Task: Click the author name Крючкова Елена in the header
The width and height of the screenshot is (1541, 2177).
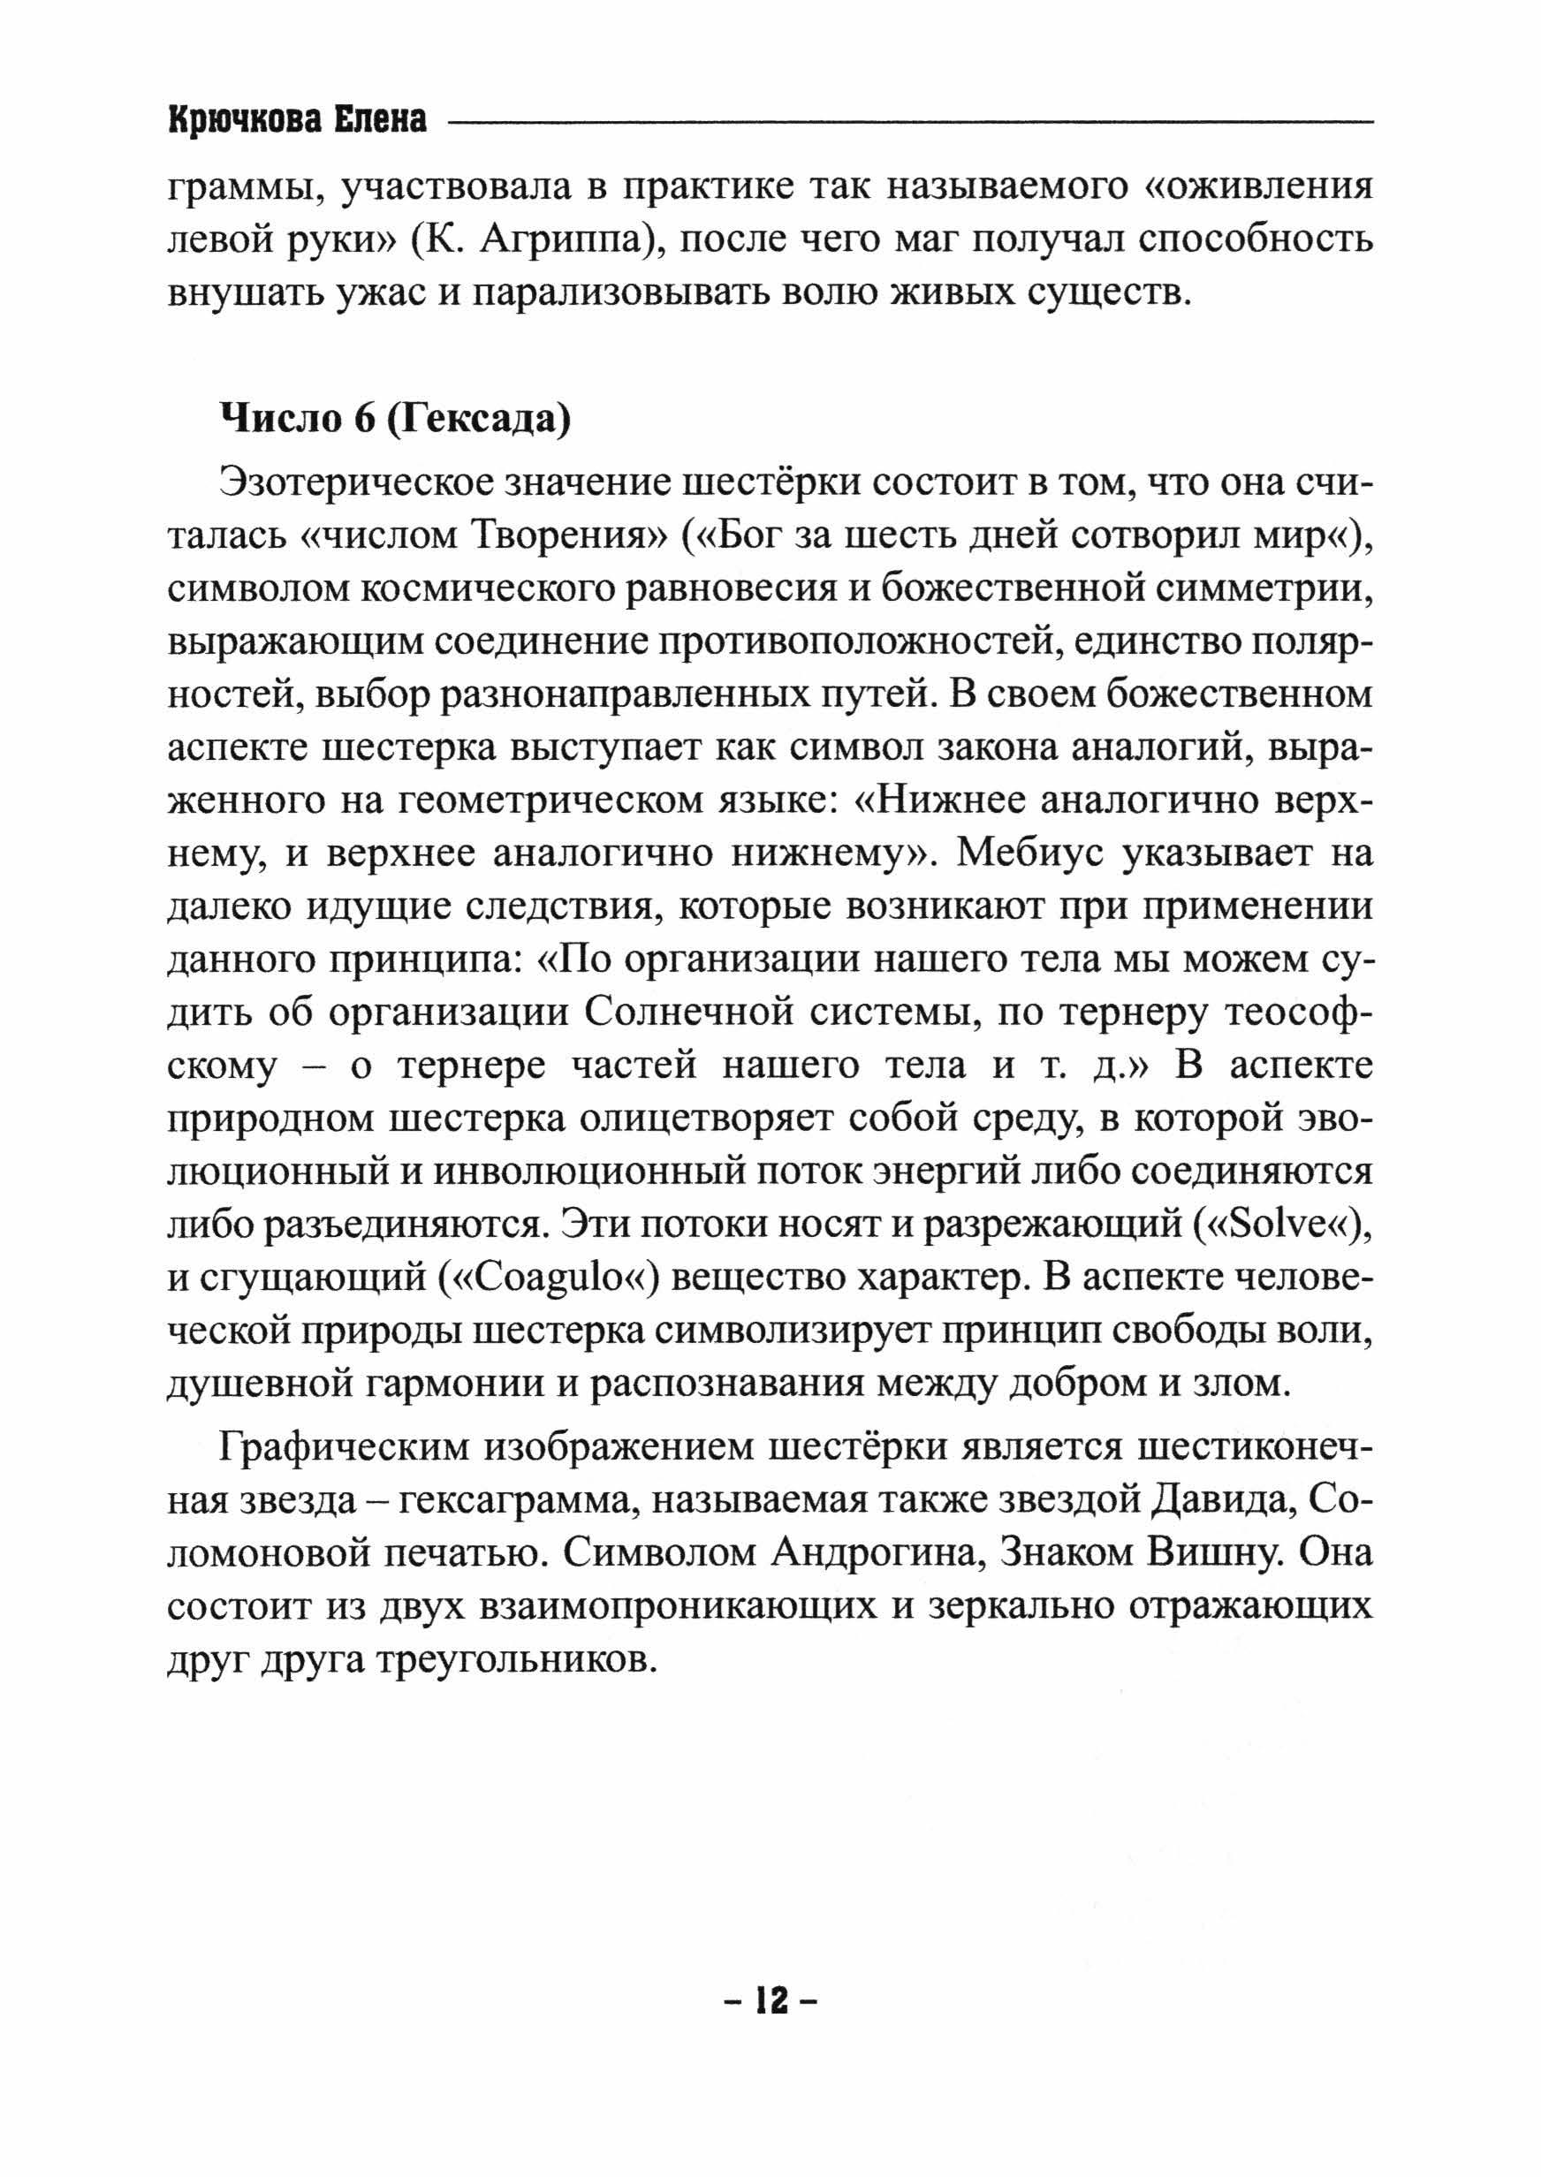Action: [x=297, y=120]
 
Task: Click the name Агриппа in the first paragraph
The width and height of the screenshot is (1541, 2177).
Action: [x=558, y=242]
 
